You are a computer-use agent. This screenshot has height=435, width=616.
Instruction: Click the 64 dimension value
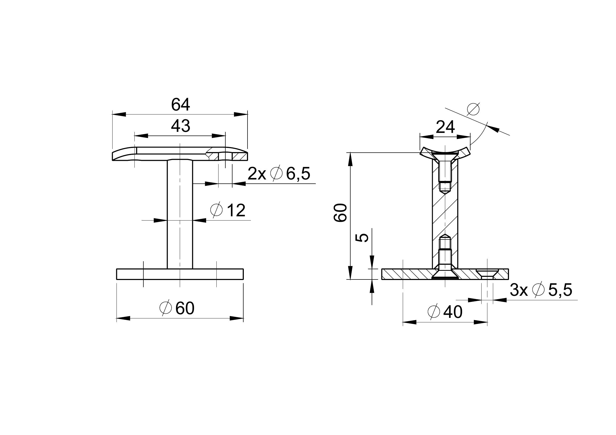click(x=181, y=105)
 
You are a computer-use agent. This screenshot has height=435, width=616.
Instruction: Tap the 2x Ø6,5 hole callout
click(x=279, y=174)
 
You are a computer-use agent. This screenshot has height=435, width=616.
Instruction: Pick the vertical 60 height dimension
click(x=340, y=213)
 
